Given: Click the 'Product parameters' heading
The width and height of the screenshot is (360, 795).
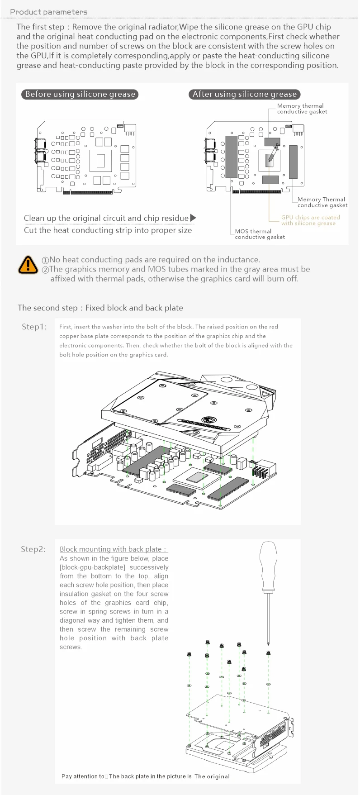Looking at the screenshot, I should (49, 12).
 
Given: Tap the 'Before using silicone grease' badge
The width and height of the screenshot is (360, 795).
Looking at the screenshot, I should (80, 94).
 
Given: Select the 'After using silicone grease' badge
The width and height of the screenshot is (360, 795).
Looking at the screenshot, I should (245, 94).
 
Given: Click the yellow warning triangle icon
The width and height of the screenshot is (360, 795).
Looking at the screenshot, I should (28, 264).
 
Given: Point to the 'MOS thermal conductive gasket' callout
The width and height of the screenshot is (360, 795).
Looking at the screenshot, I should (260, 234).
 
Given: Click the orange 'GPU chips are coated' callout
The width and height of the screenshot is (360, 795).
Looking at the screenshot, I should (310, 220).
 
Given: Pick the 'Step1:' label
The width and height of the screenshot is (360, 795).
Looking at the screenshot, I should (34, 327).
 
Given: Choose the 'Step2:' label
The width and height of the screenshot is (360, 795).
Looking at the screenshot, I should (33, 549).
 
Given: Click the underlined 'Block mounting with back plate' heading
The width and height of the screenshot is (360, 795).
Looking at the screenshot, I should (114, 549).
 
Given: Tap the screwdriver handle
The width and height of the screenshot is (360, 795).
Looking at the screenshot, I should (269, 566).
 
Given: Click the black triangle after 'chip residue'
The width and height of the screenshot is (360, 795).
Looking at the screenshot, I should (193, 218).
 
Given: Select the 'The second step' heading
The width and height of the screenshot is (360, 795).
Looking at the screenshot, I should (100, 308).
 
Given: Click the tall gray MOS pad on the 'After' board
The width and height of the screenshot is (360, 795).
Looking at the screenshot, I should (231, 157).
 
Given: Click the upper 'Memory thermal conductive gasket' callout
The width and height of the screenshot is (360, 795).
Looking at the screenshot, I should (302, 109).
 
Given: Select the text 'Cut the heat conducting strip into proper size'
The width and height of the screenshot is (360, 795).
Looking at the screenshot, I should (108, 230).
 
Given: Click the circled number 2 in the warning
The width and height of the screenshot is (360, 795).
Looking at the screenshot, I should (45, 270).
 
